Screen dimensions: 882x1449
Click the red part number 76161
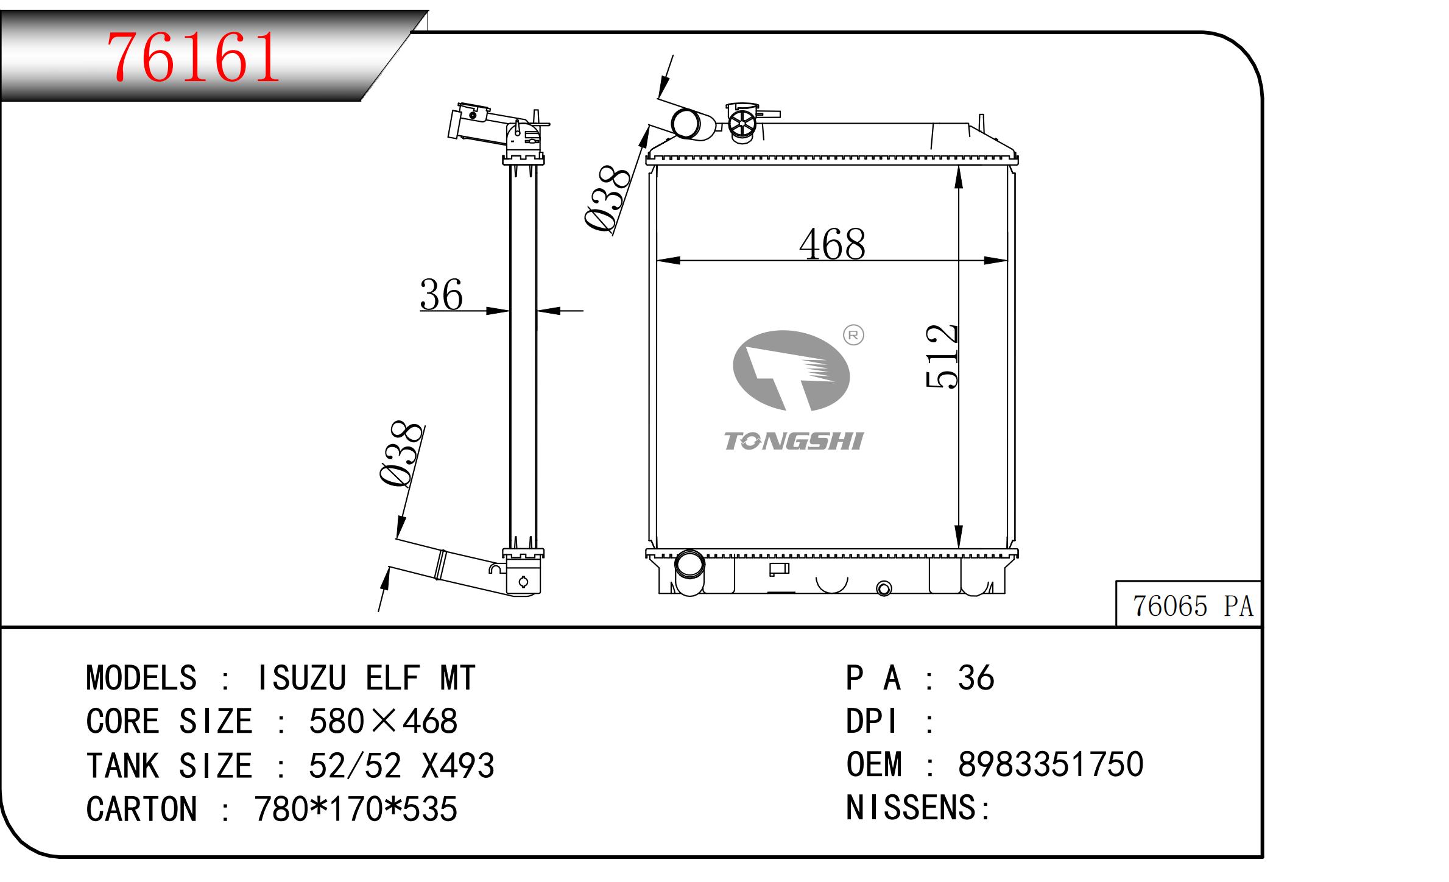pyautogui.click(x=193, y=58)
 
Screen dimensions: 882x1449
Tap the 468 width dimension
pyautogui.click(x=832, y=245)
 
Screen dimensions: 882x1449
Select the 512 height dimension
pyautogui.click(x=942, y=356)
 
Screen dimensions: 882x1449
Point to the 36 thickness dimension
pyautogui.click(x=441, y=295)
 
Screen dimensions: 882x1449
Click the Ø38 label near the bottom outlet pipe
pyautogui.click(x=402, y=454)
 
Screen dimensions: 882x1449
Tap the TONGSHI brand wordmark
pyautogui.click(x=793, y=442)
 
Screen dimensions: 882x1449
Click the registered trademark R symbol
pyautogui.click(x=853, y=335)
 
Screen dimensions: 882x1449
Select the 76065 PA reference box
pyautogui.click(x=1192, y=606)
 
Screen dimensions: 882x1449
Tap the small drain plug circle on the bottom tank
pyautogui.click(x=884, y=588)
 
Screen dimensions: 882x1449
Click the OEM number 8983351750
pyautogui.click(x=1051, y=764)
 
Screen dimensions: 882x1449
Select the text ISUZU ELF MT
pyautogui.click(x=366, y=678)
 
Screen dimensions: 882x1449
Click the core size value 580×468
pyautogui.click(x=383, y=722)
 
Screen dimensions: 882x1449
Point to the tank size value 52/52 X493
pyautogui.click(x=401, y=766)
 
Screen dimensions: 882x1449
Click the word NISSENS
pyautogui.click(x=911, y=808)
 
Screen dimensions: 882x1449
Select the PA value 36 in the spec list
pyautogui.click(x=976, y=678)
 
